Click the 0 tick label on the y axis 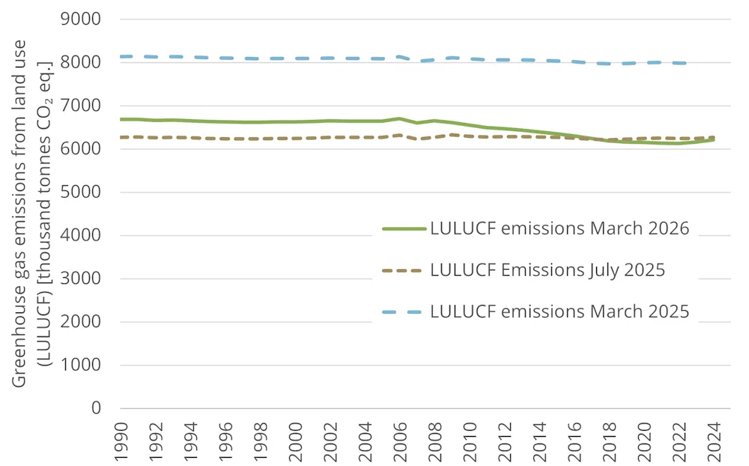pyautogui.click(x=95, y=409)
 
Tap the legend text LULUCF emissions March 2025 pyautogui.click(x=560, y=312)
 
